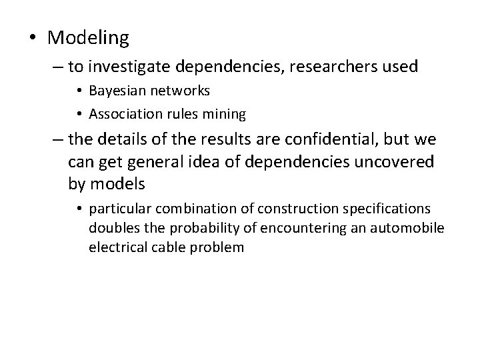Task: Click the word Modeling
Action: pyautogui.click(x=89, y=39)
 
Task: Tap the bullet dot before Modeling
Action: pyautogui.click(x=32, y=39)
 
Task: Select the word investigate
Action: pyautogui.click(x=121, y=67)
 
